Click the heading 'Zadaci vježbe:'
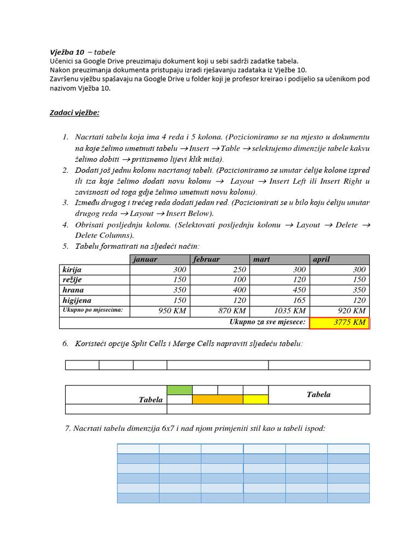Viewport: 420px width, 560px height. (x=74, y=113)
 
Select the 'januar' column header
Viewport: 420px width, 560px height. (x=145, y=259)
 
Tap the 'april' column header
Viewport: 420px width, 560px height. (x=322, y=259)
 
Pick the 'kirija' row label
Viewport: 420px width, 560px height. (x=72, y=270)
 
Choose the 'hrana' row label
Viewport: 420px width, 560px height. (x=73, y=290)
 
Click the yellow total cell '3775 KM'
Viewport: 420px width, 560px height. (x=340, y=323)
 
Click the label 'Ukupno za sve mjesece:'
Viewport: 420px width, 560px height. (x=267, y=322)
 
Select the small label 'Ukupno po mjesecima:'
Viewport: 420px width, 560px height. (x=92, y=310)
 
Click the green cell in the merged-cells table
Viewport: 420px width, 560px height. (x=179, y=390)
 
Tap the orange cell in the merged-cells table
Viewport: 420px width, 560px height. (x=217, y=400)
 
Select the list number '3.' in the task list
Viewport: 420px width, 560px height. (x=65, y=202)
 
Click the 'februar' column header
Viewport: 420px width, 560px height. (x=206, y=259)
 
